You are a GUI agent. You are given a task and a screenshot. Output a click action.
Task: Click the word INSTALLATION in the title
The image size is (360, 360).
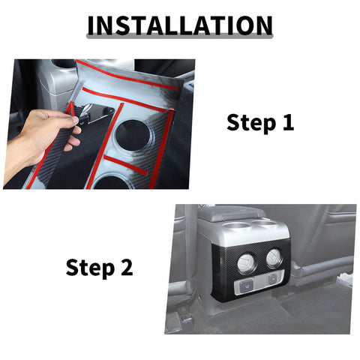tap(180, 25)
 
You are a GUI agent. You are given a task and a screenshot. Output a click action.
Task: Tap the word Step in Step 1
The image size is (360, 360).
tap(250, 122)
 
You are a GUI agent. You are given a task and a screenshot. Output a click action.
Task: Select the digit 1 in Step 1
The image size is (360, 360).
tap(288, 121)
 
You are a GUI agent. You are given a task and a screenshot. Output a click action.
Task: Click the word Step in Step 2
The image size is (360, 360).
tap(90, 268)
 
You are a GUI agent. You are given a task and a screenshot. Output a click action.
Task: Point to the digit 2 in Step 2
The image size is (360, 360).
tap(127, 267)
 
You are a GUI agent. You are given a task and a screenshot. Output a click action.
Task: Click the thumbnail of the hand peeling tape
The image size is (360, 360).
tap(99, 124)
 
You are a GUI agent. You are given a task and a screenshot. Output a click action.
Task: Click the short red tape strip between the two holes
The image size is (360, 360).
tap(125, 165)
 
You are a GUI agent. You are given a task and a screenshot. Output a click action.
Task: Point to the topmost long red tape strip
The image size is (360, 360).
tap(127, 75)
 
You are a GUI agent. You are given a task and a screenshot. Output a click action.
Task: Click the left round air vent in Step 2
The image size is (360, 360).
tap(246, 262)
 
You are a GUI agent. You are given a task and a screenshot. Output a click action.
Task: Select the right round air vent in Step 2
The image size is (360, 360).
tap(274, 256)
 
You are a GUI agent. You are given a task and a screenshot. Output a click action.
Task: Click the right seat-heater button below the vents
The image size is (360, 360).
tap(272, 279)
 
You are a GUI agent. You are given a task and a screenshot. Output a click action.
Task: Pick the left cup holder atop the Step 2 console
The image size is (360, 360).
tap(234, 226)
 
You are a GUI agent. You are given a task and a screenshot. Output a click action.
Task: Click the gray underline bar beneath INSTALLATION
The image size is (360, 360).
tap(180, 37)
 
